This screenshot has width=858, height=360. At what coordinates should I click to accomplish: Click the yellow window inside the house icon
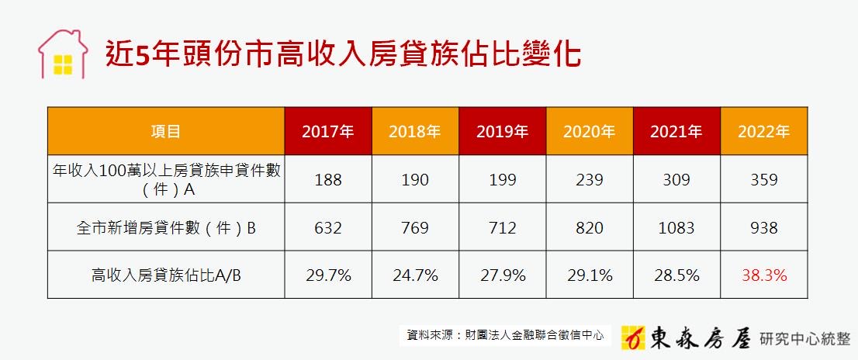click(63, 65)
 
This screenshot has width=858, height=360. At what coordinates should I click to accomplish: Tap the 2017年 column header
click(328, 131)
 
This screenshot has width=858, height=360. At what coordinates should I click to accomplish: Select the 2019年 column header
click(503, 131)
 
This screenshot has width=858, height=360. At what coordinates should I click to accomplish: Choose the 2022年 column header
click(764, 131)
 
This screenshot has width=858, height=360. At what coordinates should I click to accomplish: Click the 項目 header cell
click(166, 131)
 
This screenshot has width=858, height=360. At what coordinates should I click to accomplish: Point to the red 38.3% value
click(764, 275)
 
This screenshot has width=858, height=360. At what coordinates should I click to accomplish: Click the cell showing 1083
click(676, 227)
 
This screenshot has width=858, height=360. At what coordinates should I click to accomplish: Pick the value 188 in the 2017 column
click(328, 179)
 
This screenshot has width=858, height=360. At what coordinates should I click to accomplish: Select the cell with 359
click(764, 179)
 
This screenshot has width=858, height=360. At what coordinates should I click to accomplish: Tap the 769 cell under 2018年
click(415, 227)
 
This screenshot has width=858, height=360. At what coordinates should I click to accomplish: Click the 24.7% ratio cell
click(415, 275)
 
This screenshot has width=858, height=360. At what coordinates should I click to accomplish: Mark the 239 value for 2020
click(590, 179)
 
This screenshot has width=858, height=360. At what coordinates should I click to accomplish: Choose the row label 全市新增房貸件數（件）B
click(166, 227)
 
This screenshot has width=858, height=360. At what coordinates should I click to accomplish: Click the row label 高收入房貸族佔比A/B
click(166, 275)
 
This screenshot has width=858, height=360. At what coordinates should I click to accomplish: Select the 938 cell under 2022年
click(764, 227)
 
